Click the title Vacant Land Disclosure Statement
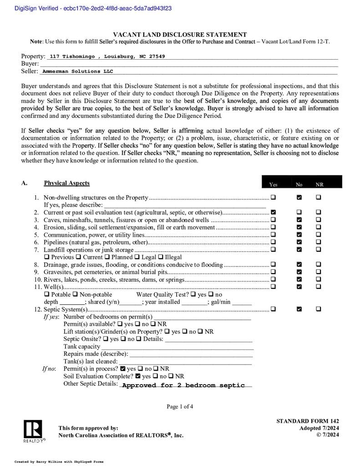point(180,35)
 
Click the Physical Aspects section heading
point(66,183)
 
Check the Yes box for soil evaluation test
point(273,213)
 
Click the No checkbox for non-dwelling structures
point(299,198)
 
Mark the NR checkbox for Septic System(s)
point(319,309)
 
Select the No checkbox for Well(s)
point(299,287)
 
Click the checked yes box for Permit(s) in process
point(122,369)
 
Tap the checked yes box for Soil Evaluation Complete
point(137,376)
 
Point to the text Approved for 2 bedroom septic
point(183,385)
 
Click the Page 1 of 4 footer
point(180,406)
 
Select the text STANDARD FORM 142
point(307,421)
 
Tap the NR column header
point(319,185)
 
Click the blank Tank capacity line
point(177,347)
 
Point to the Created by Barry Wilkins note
point(59,461)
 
